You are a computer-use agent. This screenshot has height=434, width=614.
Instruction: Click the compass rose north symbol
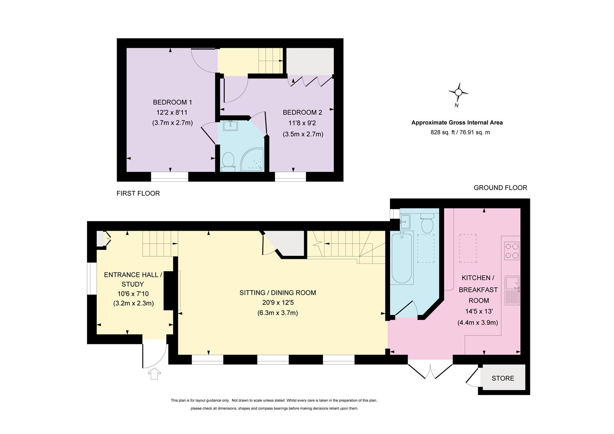pos(458,92)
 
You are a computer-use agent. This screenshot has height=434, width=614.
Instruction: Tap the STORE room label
pos(503,379)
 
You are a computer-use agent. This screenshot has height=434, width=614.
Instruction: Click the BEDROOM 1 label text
pos(172,102)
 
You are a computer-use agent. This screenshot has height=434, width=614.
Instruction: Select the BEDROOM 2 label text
pos(302,113)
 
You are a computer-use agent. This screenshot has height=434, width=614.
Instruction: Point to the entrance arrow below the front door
pos(154,374)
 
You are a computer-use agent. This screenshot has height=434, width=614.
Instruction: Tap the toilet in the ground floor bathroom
pos(427,223)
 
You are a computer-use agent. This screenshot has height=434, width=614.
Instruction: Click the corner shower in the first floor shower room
pos(252,160)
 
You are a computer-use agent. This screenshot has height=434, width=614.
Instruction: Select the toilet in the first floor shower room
pos(228,162)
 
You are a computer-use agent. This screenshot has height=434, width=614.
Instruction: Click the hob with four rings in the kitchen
pos(512,251)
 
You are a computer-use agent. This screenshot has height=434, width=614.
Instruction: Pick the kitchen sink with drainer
pos(512,291)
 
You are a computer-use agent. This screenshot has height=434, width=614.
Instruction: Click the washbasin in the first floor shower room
pos(230,125)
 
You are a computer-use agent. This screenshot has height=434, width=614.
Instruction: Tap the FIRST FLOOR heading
pos(138,194)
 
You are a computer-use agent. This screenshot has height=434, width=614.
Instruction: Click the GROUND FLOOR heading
pos(501,188)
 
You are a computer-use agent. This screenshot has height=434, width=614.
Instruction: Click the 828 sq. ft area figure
pos(442,133)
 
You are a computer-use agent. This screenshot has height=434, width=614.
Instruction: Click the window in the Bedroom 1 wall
pos(170,177)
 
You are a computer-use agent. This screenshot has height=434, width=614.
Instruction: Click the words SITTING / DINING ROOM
pos(278,293)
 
